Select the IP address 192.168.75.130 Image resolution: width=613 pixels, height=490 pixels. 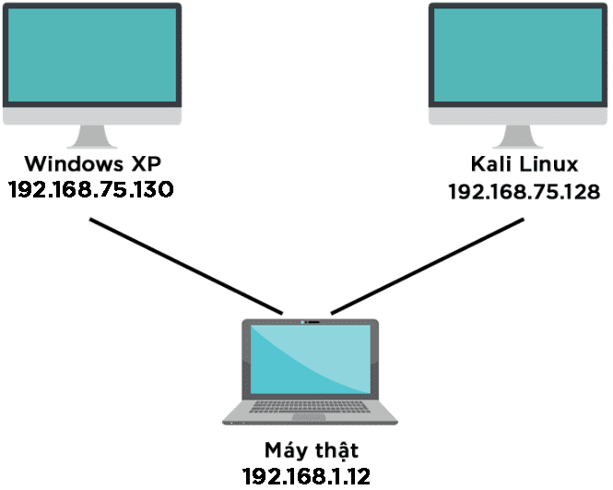(x=90, y=190)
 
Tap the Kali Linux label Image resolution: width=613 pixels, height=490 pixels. (x=523, y=165)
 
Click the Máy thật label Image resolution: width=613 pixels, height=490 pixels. (x=310, y=451)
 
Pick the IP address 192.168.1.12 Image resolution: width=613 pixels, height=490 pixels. (x=310, y=476)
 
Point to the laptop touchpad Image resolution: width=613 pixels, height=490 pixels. (x=310, y=420)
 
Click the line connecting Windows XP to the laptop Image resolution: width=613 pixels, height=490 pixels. (x=184, y=266)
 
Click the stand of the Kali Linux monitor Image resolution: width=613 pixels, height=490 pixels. (x=520, y=137)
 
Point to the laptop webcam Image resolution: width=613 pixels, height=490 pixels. (x=310, y=323)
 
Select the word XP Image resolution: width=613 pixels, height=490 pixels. (x=143, y=164)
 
